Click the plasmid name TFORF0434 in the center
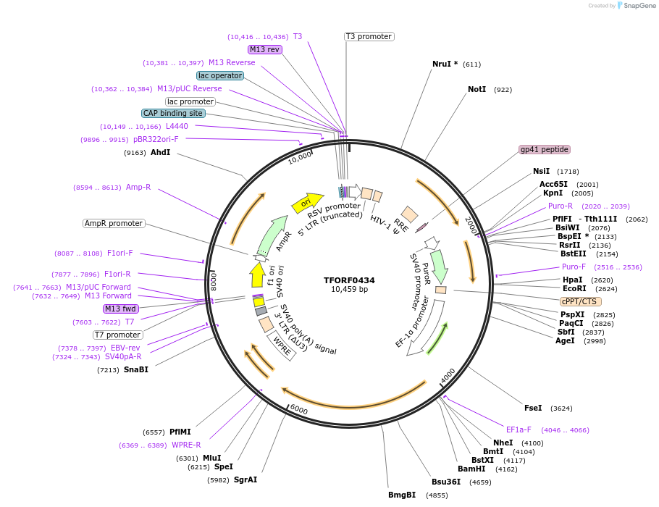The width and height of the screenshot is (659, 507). (x=349, y=280)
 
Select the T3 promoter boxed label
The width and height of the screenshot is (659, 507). (x=369, y=36)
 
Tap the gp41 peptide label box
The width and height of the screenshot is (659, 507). (x=545, y=150)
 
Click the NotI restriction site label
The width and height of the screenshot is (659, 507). (x=477, y=90)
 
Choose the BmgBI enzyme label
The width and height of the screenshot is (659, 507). (x=402, y=495)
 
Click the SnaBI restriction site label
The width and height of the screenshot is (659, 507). (x=135, y=370)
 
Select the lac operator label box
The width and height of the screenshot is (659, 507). (x=220, y=75)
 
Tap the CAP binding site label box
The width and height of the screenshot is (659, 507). (x=173, y=113)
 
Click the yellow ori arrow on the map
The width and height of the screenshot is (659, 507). (x=306, y=204)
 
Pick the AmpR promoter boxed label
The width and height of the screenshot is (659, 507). (x=114, y=223)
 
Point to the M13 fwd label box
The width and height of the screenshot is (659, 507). (x=121, y=309)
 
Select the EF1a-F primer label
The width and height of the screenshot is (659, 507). (x=519, y=430)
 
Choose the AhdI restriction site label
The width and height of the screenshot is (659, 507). (x=160, y=153)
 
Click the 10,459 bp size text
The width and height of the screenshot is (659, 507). (x=349, y=290)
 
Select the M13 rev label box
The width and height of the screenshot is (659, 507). (x=264, y=49)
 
